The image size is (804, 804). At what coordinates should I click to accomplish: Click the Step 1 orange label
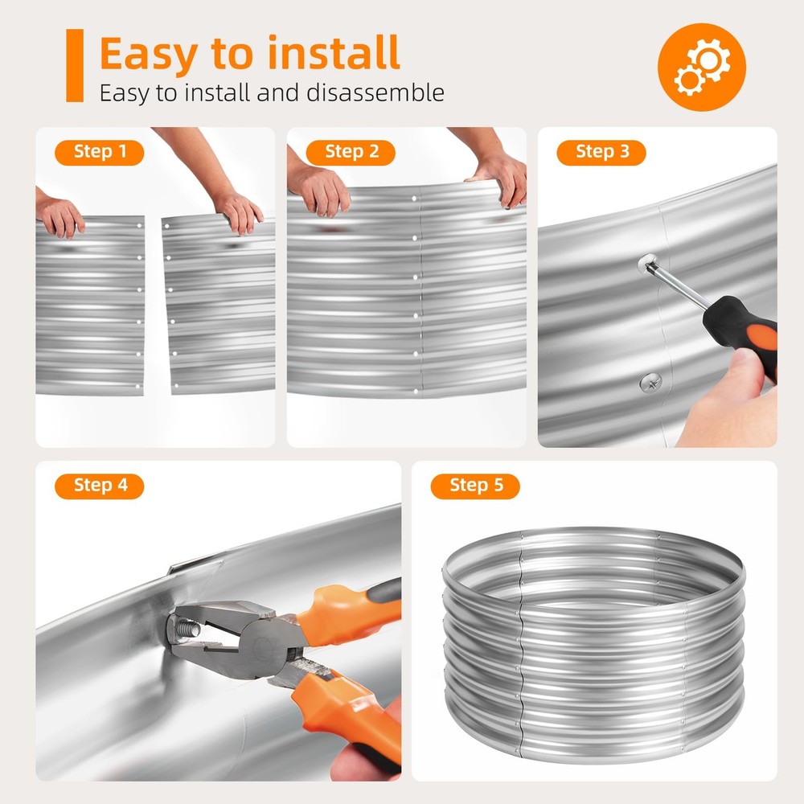click(99, 152)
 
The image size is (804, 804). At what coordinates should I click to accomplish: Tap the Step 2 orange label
click(351, 152)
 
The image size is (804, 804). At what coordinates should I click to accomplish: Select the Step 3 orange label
click(601, 152)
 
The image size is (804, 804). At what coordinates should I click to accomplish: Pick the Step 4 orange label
click(99, 486)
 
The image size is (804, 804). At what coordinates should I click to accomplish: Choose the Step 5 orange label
click(475, 486)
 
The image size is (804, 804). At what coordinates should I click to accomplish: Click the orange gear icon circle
click(701, 67)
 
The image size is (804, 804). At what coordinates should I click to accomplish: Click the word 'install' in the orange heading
click(334, 53)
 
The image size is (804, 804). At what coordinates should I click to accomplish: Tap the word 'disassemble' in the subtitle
click(375, 92)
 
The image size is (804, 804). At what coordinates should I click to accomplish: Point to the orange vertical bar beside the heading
click(75, 65)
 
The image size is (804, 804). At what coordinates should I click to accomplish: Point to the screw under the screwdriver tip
click(647, 264)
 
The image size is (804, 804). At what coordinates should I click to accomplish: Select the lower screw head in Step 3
click(650, 383)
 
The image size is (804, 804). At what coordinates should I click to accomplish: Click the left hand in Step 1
click(59, 215)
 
